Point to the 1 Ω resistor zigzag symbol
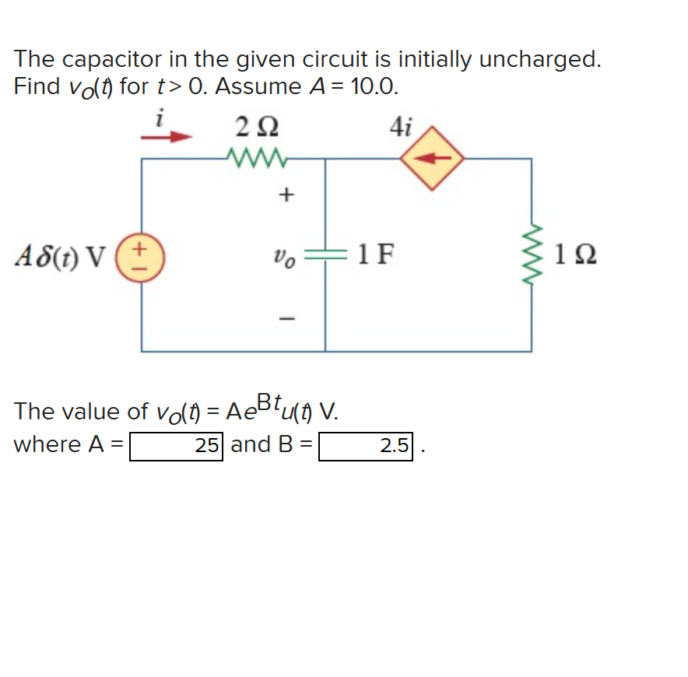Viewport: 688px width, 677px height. (x=532, y=254)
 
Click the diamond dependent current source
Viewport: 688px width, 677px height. (x=433, y=159)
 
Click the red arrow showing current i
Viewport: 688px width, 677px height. (x=166, y=139)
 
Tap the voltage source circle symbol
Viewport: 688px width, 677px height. (x=142, y=255)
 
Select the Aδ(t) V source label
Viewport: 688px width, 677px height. (x=61, y=255)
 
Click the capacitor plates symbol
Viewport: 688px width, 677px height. (x=325, y=254)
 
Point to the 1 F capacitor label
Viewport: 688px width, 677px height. (x=375, y=254)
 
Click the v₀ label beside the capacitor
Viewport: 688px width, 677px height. (x=284, y=254)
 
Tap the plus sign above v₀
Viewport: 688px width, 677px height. (x=285, y=195)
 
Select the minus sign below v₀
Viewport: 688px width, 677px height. (x=285, y=317)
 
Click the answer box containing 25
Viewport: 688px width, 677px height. (x=177, y=446)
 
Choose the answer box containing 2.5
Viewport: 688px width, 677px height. (x=366, y=446)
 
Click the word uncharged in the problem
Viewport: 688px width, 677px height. (x=539, y=59)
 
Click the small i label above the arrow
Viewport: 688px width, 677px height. (x=160, y=119)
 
